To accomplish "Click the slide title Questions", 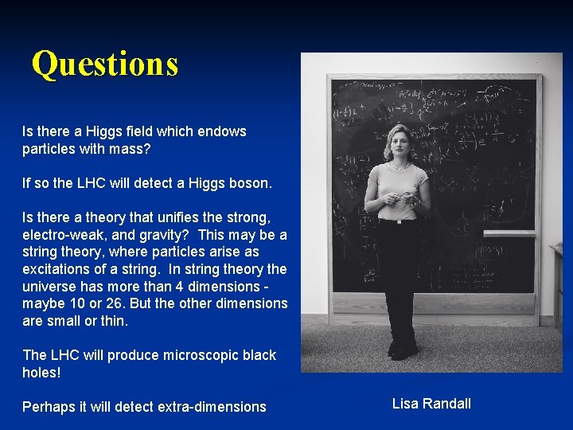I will click(104, 64).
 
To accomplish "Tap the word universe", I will click(49, 287).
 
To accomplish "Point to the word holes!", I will click(41, 372).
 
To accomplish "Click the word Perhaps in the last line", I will click(48, 407).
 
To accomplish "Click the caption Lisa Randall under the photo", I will click(431, 404).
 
